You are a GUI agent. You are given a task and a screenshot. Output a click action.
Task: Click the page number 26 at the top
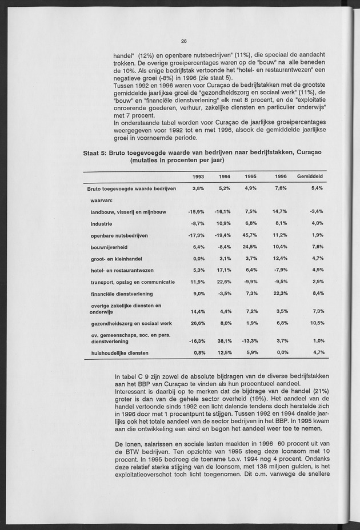pyautogui.click(x=184, y=41)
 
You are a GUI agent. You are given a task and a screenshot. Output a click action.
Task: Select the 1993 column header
pyautogui.click(x=198, y=176)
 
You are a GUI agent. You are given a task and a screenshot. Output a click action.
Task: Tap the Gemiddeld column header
pyautogui.click(x=310, y=176)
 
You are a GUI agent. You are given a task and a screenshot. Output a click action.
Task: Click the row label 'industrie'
pyautogui.click(x=101, y=223)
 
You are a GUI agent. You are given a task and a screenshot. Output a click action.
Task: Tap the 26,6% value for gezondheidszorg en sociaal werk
pyautogui.click(x=197, y=323)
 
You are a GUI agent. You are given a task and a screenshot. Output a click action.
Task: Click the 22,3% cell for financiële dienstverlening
pyautogui.click(x=279, y=293)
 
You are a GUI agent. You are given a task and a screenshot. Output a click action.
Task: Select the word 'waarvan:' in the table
pyautogui.click(x=101, y=200)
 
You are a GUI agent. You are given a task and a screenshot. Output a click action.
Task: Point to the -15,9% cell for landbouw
pyautogui.click(x=197, y=212)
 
